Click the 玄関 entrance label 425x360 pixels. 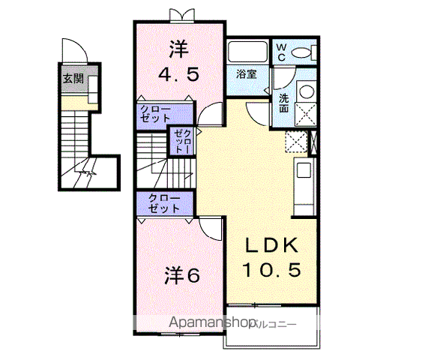[x=73, y=77]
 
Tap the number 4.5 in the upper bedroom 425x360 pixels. [x=177, y=75]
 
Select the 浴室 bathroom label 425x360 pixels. [x=247, y=74]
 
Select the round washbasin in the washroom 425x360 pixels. [x=306, y=91]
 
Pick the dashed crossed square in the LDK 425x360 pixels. [x=297, y=142]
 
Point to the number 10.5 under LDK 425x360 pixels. [x=271, y=269]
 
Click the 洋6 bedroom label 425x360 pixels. [x=182, y=276]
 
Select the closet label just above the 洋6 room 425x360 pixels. [x=163, y=203]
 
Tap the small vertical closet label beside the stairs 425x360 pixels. [x=182, y=140]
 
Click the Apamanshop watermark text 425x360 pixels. [x=214, y=323]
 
